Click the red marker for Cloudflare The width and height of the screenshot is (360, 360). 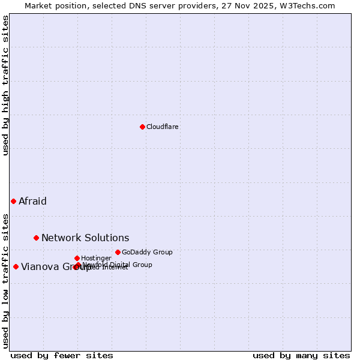(x=142, y=127)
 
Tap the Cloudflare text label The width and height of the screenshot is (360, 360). (x=163, y=127)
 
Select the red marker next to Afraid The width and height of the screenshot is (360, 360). (x=13, y=201)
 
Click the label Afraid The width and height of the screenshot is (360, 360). (x=32, y=201)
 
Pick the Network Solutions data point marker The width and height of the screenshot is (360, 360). (x=36, y=238)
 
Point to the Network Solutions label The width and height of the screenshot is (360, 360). (x=85, y=238)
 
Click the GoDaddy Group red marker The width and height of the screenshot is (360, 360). (x=118, y=252)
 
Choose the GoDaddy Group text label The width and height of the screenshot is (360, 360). (x=147, y=252)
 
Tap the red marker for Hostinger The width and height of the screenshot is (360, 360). (x=77, y=258)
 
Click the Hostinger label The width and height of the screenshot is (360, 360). (x=96, y=258)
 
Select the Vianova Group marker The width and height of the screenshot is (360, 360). (x=16, y=266)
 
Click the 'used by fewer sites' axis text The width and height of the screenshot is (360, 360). (x=62, y=355)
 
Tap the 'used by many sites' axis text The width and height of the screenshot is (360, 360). (x=301, y=355)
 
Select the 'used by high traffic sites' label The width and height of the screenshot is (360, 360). (x=5, y=85)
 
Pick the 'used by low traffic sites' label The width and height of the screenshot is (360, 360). (x=5, y=280)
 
